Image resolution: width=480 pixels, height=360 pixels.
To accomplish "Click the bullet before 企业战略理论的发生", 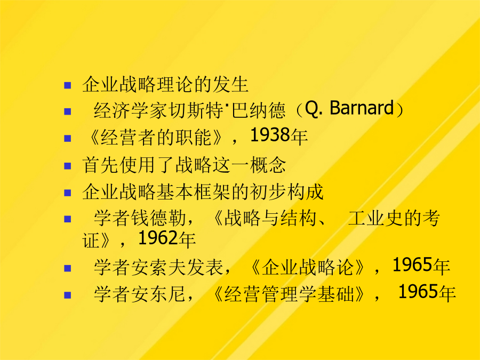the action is click(68, 85).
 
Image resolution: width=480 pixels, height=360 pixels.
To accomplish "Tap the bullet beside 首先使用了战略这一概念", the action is click(68, 166).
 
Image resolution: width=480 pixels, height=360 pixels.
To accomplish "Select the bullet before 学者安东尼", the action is click(68, 295).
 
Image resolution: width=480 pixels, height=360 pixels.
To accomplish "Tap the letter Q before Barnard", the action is click(311, 108).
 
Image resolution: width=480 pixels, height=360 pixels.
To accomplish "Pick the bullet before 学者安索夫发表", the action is click(68, 268).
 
